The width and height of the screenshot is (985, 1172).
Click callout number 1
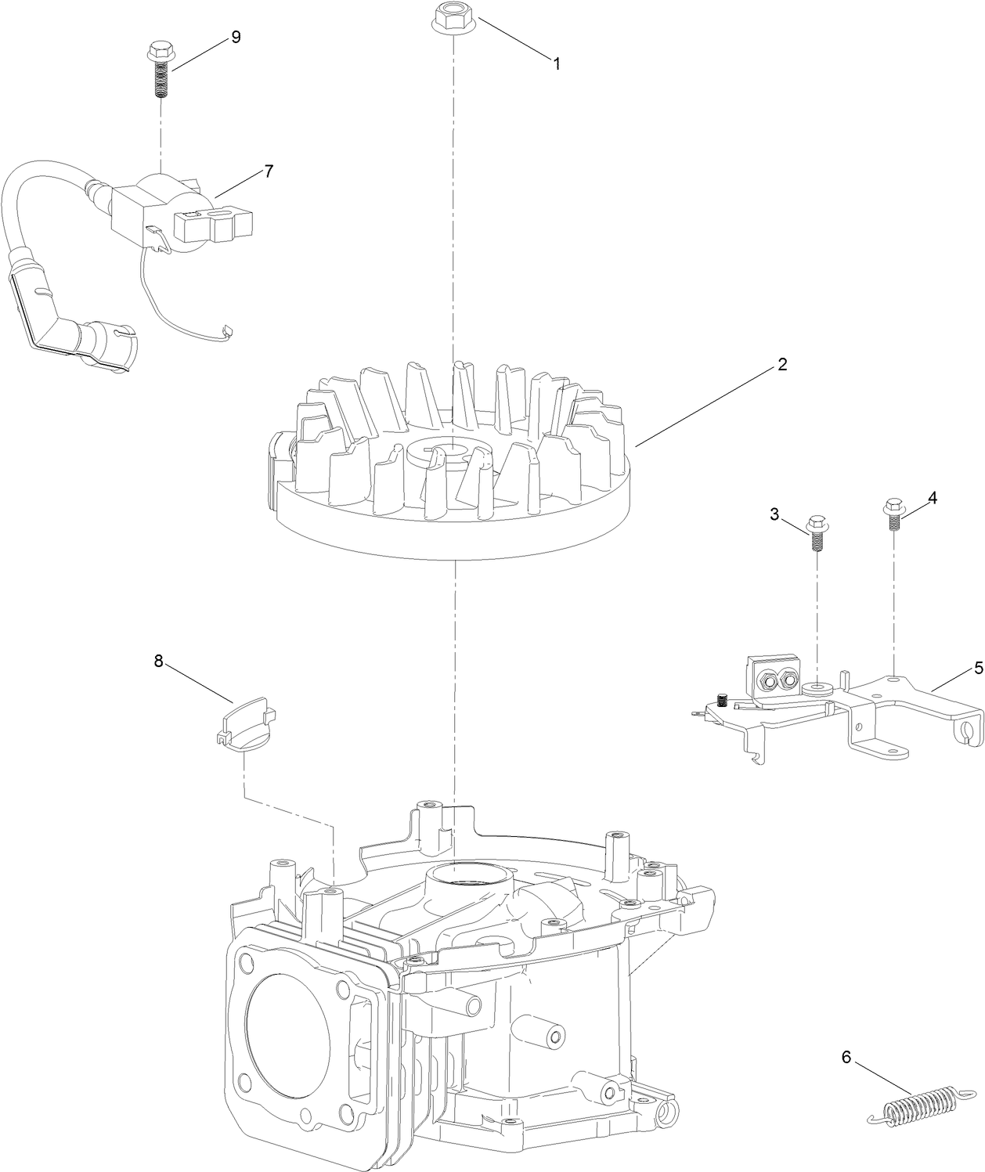click(557, 64)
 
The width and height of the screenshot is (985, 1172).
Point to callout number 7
click(269, 171)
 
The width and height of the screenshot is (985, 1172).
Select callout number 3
click(774, 514)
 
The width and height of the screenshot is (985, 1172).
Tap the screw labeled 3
click(816, 532)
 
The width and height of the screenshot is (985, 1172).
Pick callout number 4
click(932, 498)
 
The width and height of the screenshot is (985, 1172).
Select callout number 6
click(846, 1057)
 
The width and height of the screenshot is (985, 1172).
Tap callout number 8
click(158, 662)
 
